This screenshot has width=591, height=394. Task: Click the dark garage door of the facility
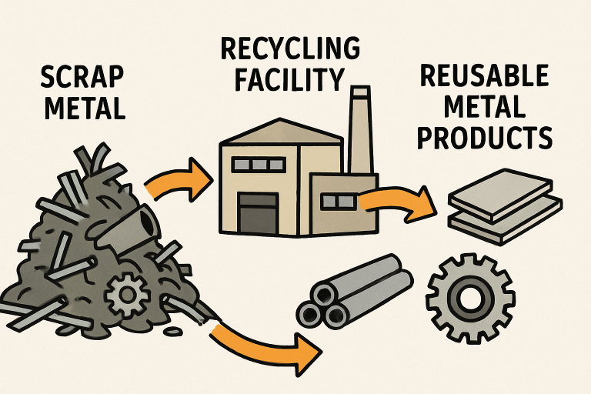pyautogui.click(x=256, y=212)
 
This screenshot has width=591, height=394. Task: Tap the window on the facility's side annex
pyautogui.click(x=338, y=202)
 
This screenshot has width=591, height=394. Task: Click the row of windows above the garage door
pyautogui.click(x=259, y=165)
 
